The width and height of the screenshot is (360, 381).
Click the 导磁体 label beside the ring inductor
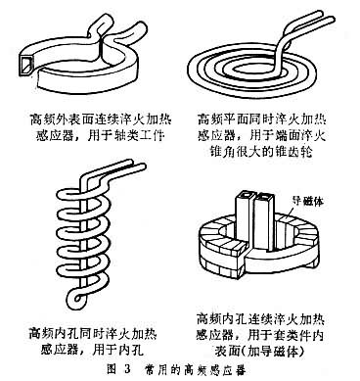point(308,201)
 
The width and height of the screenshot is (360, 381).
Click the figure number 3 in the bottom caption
point(127,369)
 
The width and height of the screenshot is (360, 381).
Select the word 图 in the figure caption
point(112,369)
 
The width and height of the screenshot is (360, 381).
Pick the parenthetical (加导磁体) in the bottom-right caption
point(273,351)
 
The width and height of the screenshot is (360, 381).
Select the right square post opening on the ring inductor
point(263,198)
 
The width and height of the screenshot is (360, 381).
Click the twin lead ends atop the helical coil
point(136,165)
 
